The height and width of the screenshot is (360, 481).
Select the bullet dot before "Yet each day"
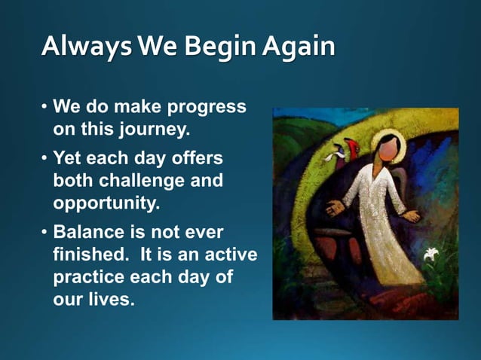[x=44, y=160]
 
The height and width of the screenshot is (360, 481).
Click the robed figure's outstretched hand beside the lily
[x=411, y=216]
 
